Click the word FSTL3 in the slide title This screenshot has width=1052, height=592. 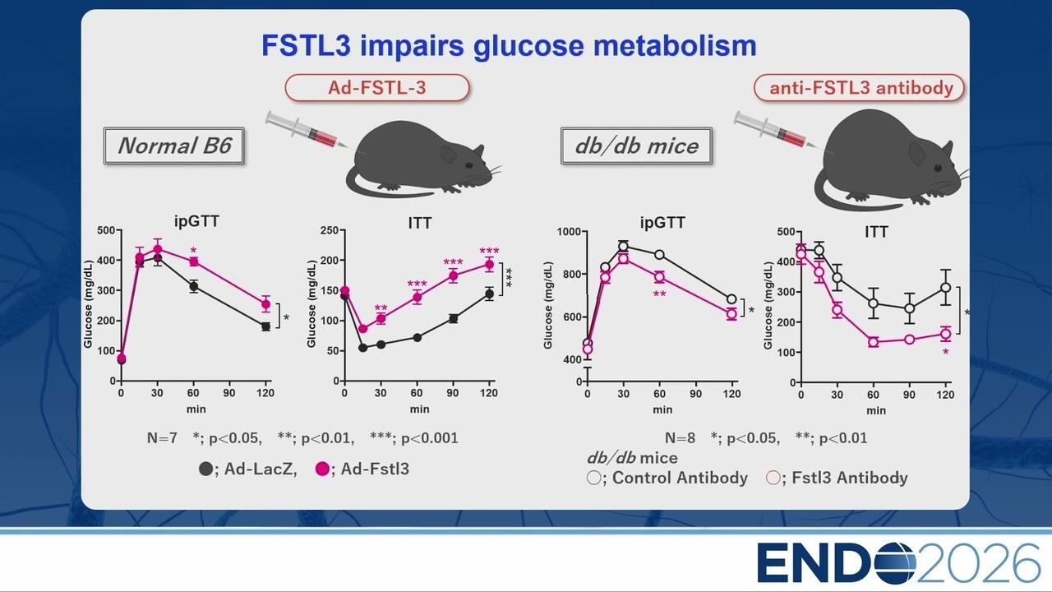306,45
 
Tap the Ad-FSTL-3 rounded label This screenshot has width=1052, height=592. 377,88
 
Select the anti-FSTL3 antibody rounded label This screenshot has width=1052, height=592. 859,88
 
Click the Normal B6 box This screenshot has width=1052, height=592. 173,146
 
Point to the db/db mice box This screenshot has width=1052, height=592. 636,146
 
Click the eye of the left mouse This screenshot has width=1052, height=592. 468,165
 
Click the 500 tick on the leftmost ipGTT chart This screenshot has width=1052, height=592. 106,230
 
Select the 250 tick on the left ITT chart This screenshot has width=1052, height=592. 330,230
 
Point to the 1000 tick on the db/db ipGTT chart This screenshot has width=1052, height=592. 569,232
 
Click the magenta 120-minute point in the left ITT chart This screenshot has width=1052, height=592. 489,265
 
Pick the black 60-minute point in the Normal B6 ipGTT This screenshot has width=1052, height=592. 193,287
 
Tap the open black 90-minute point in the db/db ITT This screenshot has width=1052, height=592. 909,308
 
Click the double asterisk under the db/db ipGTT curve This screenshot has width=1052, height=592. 659,294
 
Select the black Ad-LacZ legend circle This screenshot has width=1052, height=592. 205,469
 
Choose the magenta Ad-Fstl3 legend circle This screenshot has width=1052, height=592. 322,469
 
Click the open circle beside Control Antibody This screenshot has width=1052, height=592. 593,478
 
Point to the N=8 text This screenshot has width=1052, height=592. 680,438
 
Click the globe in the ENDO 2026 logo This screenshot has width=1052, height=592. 896,562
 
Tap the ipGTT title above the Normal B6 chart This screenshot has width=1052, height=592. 196,221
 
